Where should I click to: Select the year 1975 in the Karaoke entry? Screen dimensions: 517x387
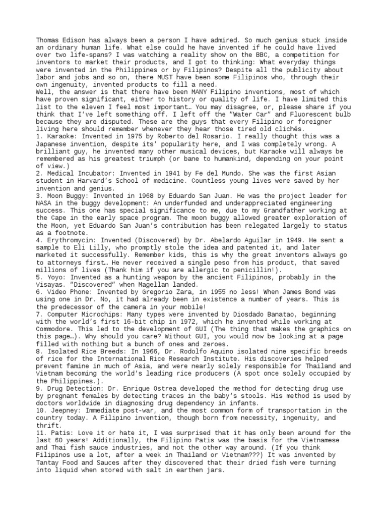click(x=118, y=137)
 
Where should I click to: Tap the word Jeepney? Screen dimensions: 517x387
click(x=61, y=410)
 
